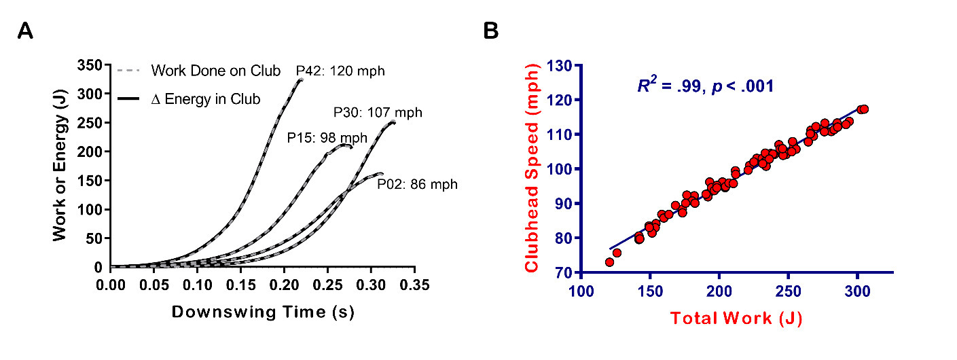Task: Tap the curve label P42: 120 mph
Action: pyautogui.click(x=334, y=71)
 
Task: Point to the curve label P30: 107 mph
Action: pyautogui.click(x=378, y=112)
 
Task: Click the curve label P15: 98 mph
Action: pyautogui.click(x=327, y=138)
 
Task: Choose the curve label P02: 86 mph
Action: pyautogui.click(x=417, y=183)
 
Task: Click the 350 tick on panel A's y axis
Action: pyautogui.click(x=93, y=65)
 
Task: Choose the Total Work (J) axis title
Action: pyautogui.click(x=736, y=318)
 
